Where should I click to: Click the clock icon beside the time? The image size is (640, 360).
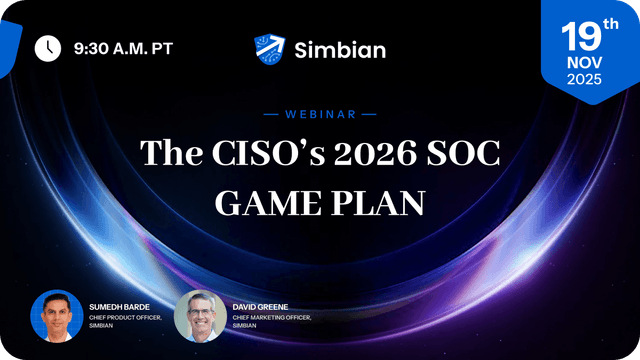pos(46,47)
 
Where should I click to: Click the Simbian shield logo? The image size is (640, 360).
pos(270,47)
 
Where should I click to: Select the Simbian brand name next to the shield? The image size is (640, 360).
pos(340,48)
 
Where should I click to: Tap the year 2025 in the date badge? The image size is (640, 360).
pos(584,80)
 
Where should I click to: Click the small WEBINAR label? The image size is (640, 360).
pos(320,114)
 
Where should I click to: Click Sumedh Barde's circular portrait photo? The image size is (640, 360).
pos(56,315)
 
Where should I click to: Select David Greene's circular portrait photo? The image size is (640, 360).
pos(199,315)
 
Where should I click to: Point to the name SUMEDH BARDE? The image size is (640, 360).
pos(123,304)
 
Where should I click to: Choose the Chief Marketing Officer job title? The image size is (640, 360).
pos(272,316)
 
